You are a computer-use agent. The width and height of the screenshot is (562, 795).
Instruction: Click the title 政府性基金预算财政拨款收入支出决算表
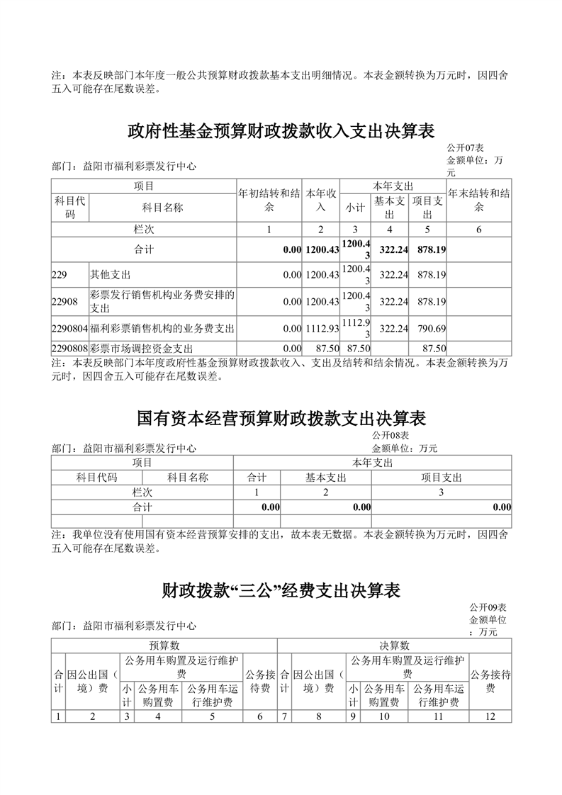click(x=281, y=131)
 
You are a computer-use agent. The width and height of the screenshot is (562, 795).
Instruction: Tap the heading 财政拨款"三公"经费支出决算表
click(x=281, y=590)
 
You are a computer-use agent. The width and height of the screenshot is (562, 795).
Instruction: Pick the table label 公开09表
click(x=488, y=608)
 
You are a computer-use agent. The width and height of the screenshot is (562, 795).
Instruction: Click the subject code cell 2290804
click(x=69, y=329)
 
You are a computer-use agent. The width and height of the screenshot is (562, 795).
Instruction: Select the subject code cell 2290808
click(x=69, y=349)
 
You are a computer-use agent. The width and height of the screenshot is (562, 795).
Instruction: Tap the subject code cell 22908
click(x=64, y=302)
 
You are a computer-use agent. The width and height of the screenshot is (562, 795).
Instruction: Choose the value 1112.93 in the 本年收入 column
click(x=322, y=329)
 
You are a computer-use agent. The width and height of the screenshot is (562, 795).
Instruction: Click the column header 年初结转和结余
click(x=269, y=200)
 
